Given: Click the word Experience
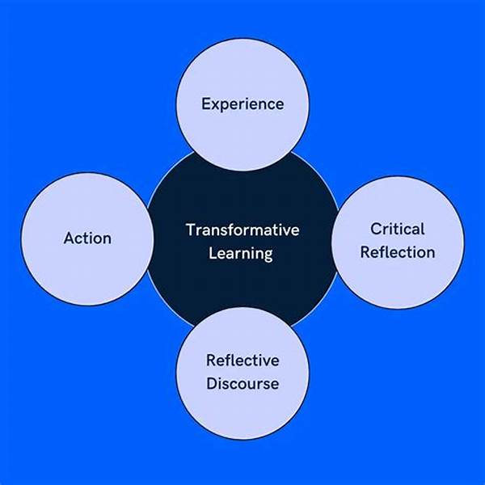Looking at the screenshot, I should point(242,104).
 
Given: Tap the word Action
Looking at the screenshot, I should point(87,238).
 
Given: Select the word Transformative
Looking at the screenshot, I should point(242,230).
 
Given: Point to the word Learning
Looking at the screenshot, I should point(242,253).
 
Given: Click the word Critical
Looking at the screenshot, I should point(398,229).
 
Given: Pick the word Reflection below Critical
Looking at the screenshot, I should point(398,251).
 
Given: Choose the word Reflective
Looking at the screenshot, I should point(242,361).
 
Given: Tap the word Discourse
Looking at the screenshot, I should point(242,382).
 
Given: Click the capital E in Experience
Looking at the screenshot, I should point(205,103).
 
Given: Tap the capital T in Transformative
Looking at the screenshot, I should point(190,230).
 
